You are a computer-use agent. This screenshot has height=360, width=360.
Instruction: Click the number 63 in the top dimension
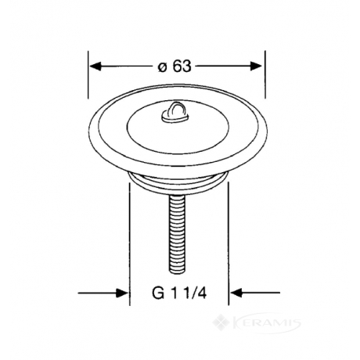pyautogui.click(x=182, y=66)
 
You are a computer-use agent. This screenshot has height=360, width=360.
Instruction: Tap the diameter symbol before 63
pyautogui.click(x=162, y=67)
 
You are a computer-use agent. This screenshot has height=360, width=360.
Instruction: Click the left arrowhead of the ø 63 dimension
pyautogui.click(x=95, y=66)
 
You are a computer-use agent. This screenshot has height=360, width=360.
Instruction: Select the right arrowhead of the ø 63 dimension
pyautogui.click(x=256, y=66)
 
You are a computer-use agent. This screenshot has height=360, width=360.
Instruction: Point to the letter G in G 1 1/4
pyautogui.click(x=158, y=293)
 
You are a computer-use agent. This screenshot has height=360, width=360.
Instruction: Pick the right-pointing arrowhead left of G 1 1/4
pyautogui.click(x=122, y=293)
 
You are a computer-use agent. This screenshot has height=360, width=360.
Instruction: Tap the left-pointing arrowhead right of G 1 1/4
pyautogui.click(x=236, y=293)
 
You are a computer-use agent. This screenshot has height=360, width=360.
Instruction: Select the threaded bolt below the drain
pyautogui.click(x=177, y=234)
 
